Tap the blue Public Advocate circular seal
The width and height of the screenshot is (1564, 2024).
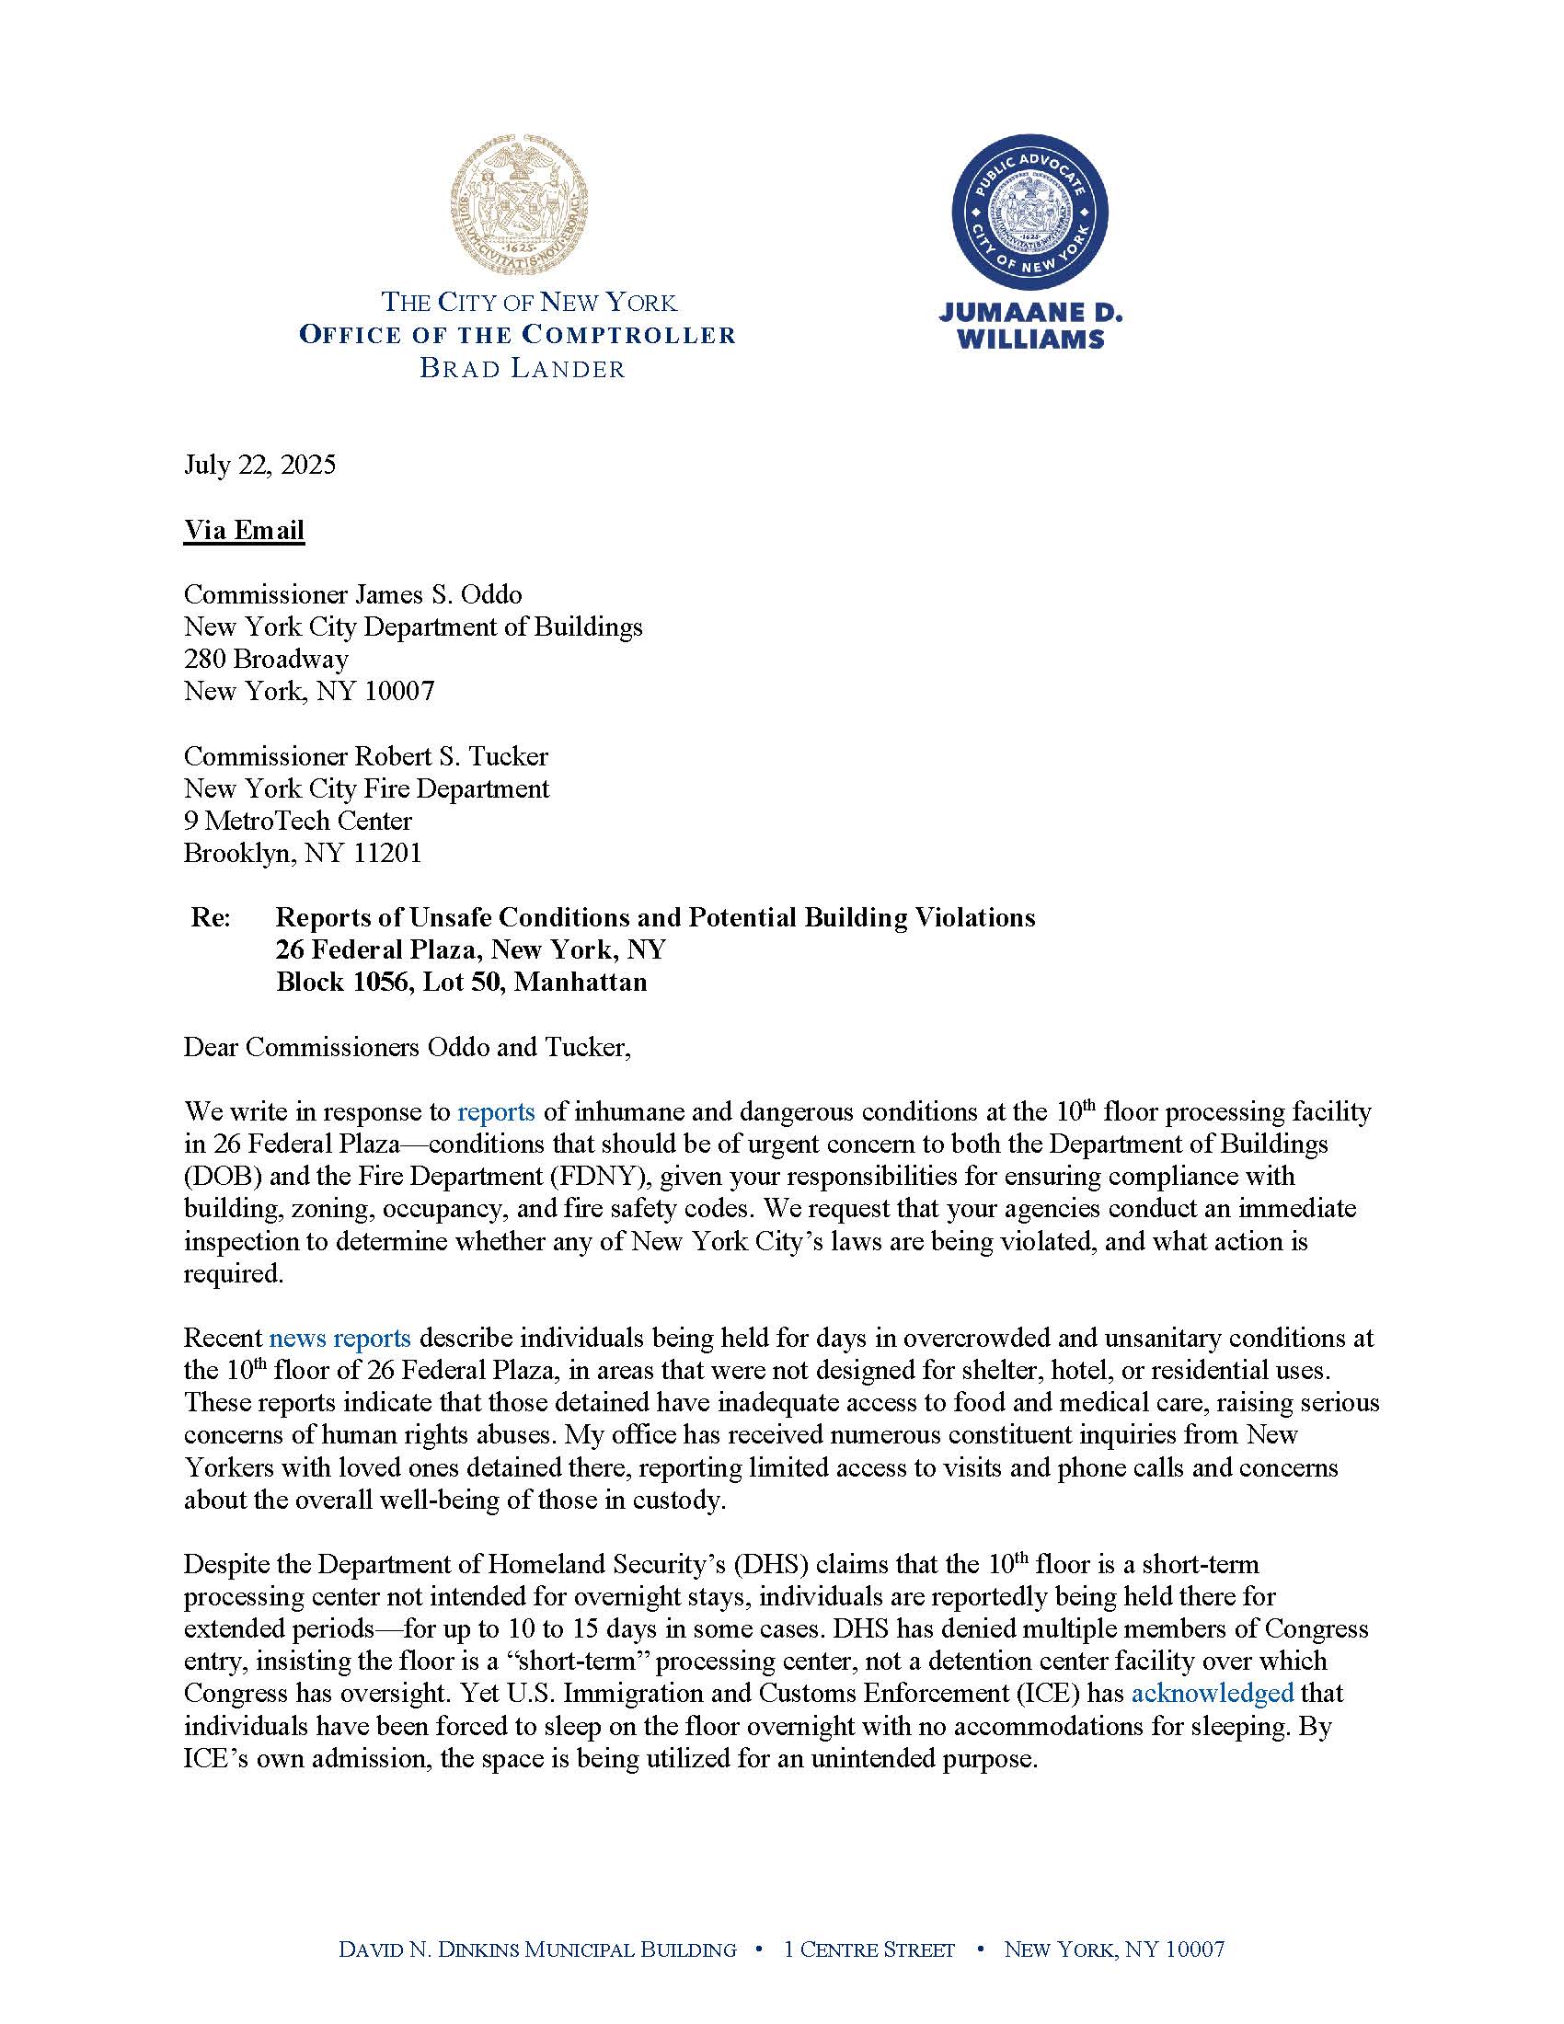(1029, 219)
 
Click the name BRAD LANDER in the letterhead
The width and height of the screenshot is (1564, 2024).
(522, 368)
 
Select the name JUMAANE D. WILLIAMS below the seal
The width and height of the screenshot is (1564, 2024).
(1030, 327)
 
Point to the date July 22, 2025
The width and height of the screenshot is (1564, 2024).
(259, 464)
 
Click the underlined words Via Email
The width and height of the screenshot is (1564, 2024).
(244, 530)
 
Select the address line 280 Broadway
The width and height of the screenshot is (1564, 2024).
(266, 659)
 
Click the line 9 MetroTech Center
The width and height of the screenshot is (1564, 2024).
(297, 820)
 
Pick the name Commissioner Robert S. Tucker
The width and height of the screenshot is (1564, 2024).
(366, 756)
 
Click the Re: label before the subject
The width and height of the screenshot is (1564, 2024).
(211, 917)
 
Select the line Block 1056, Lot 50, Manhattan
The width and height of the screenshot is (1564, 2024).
(461, 982)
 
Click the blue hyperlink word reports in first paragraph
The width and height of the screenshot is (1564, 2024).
(496, 1111)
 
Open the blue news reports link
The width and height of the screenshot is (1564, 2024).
(339, 1339)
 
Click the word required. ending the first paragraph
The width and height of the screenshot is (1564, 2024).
(233, 1273)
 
